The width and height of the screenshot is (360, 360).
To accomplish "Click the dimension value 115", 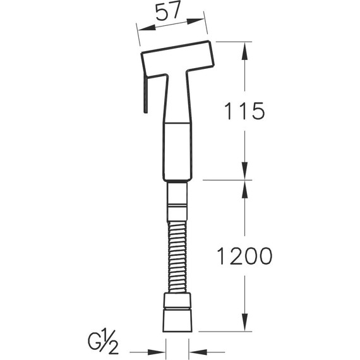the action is coord(244,111).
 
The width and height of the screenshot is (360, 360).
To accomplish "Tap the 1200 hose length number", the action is coord(245,256).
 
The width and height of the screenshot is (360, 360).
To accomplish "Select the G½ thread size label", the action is coord(103,342).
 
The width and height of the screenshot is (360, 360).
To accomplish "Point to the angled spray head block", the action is coord(177,59).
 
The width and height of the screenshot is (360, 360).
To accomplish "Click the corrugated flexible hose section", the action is coord(177,256).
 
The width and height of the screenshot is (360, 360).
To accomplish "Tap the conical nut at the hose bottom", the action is coord(177,320).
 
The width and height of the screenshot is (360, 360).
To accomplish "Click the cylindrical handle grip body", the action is coord(177,151).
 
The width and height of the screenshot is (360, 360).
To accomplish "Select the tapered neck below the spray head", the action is coord(177,97).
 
